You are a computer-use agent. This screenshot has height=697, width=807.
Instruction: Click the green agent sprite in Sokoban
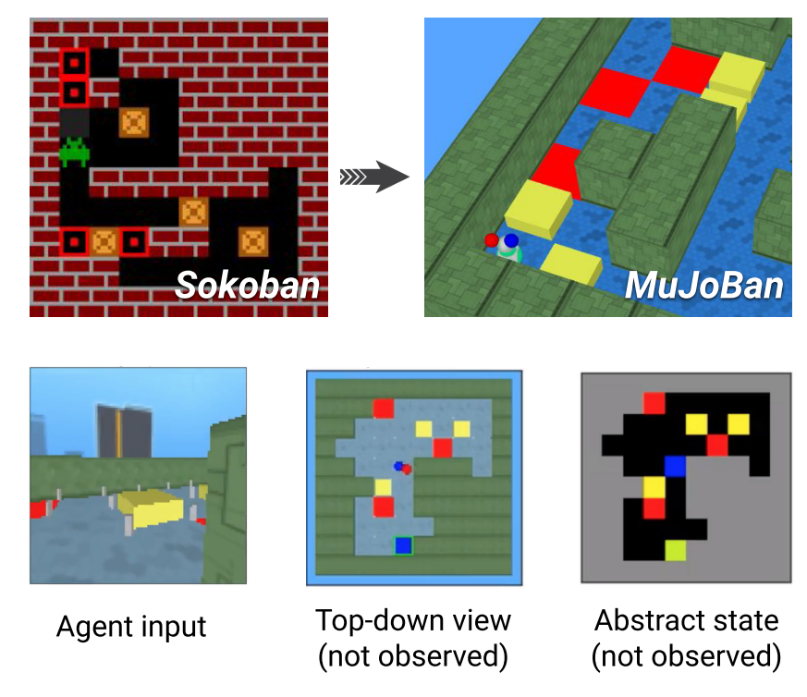click(74, 152)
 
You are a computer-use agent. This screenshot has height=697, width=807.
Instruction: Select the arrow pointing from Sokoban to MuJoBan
click(374, 177)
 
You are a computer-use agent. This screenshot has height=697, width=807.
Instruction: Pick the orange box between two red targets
click(104, 242)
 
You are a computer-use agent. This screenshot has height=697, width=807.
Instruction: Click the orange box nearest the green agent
click(134, 122)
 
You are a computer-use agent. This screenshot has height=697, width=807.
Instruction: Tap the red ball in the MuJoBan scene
click(492, 240)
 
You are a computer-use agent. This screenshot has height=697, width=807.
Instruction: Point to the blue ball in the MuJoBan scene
click(511, 240)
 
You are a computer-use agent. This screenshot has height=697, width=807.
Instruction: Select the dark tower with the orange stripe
click(124, 432)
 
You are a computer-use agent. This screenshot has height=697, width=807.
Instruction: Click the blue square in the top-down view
click(403, 546)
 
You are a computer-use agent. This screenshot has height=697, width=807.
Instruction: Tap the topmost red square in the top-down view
click(383, 409)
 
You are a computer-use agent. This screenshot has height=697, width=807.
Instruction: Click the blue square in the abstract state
click(676, 466)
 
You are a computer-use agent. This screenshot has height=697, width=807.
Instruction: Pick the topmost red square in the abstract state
click(654, 402)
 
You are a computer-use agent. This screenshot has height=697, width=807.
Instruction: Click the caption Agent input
click(130, 627)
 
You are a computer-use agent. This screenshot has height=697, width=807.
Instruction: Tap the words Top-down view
click(413, 619)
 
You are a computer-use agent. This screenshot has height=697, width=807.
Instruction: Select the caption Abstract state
click(687, 619)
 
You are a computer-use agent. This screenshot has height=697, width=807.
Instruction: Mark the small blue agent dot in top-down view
click(398, 466)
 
